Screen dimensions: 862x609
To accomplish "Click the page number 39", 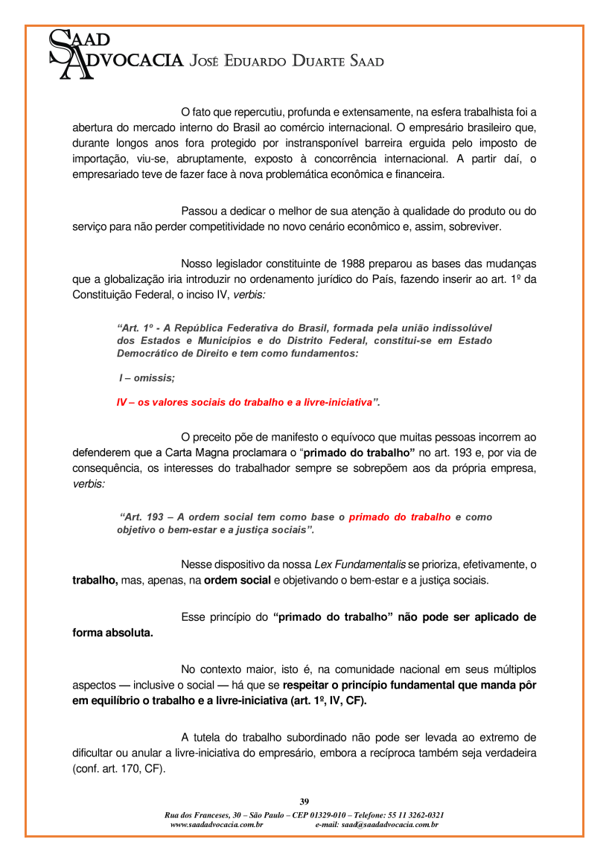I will pyautogui.click(x=304, y=802).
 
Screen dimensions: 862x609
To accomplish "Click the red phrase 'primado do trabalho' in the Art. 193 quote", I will pyautogui.click(x=400, y=517).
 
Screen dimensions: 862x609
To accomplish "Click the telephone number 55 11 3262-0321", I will pyautogui.click(x=417, y=815).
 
